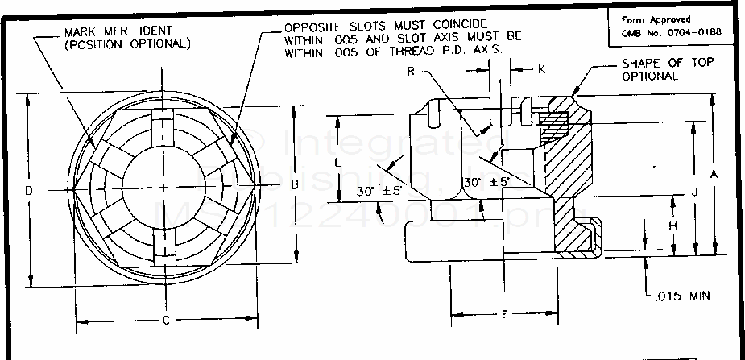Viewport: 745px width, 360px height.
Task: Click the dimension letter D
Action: (28, 191)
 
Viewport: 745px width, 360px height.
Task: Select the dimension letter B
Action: (295, 185)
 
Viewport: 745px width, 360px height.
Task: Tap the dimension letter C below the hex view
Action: (165, 321)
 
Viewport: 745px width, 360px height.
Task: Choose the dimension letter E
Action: (504, 314)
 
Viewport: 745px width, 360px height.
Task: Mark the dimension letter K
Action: (541, 70)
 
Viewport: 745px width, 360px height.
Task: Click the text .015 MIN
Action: (686, 296)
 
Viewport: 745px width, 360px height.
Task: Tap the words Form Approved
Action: (656, 19)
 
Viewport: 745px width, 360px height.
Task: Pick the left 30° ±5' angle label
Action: (381, 192)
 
